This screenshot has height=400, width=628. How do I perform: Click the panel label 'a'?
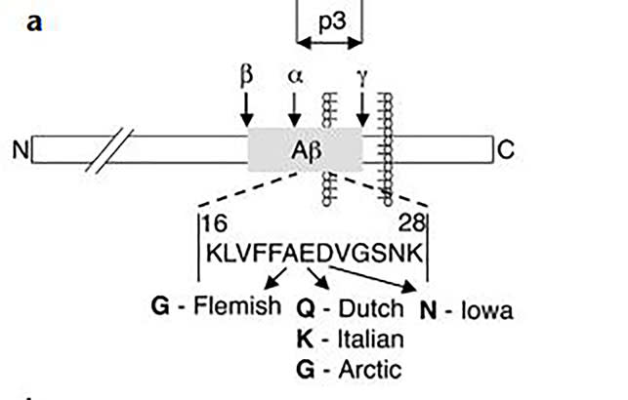(34, 20)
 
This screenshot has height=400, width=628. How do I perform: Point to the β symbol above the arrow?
(245, 74)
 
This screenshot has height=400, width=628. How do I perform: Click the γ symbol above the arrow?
(362, 75)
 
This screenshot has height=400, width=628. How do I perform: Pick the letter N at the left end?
(19, 150)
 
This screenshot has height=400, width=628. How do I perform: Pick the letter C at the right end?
(505, 150)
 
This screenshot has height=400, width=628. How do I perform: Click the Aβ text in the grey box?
(306, 150)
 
